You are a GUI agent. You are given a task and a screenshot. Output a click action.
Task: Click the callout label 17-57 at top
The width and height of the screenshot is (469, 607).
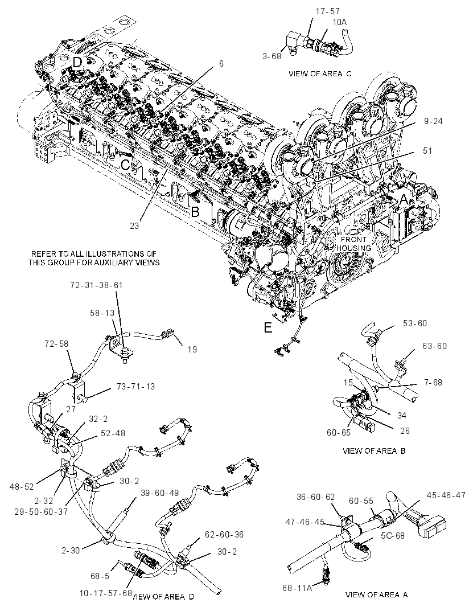pos(327,11)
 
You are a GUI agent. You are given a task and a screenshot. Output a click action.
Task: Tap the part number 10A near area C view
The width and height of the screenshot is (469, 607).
pos(339,22)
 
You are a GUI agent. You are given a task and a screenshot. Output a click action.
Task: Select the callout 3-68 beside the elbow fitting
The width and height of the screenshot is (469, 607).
pos(271,56)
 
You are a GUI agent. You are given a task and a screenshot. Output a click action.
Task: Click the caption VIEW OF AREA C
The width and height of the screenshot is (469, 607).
pos(320,73)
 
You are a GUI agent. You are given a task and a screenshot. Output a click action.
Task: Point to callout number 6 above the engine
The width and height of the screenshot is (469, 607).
pos(221,63)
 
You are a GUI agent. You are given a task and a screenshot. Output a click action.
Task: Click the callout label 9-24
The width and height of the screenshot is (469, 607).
pos(433,121)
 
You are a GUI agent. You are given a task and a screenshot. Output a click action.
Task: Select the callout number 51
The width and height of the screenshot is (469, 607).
pos(427,150)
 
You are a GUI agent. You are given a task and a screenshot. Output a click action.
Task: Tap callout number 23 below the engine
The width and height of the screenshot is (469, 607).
pos(134,225)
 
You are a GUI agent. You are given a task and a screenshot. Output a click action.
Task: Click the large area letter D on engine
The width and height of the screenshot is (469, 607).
pos(78,62)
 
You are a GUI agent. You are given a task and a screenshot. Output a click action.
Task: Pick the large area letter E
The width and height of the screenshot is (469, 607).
pos(268,327)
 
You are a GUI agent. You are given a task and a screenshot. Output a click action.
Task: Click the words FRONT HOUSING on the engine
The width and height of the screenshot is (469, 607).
pos(353,244)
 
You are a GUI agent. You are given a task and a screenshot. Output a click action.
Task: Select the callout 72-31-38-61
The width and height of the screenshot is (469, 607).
pos(96,285)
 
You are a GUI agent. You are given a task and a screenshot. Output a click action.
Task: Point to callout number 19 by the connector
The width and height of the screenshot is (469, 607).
pos(192,350)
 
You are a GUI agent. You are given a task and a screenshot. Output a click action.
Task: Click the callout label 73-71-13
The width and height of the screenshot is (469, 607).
pos(136,387)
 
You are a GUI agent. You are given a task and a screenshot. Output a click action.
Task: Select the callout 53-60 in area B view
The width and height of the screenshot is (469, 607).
pos(415,323)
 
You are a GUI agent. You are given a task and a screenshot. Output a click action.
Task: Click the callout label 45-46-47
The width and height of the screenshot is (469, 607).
pos(446,495)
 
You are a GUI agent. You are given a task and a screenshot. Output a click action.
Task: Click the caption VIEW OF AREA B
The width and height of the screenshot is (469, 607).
pos(374,450)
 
